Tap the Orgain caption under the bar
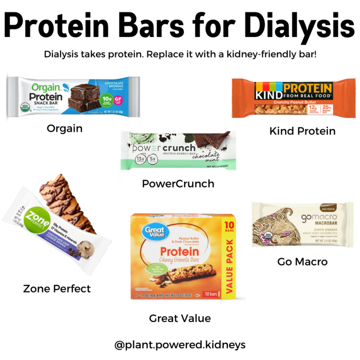[x=65, y=128]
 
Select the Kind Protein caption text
[x=302, y=131]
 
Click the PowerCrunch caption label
[x=178, y=184]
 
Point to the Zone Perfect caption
[x=57, y=289]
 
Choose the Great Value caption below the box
[x=180, y=319]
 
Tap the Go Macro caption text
[x=302, y=262]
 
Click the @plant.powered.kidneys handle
[x=180, y=345]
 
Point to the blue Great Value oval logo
[x=149, y=233]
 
